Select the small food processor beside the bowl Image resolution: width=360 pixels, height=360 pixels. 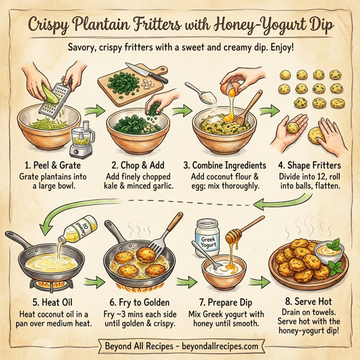tap(83, 142)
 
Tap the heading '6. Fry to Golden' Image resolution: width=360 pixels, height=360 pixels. tap(139, 303)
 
